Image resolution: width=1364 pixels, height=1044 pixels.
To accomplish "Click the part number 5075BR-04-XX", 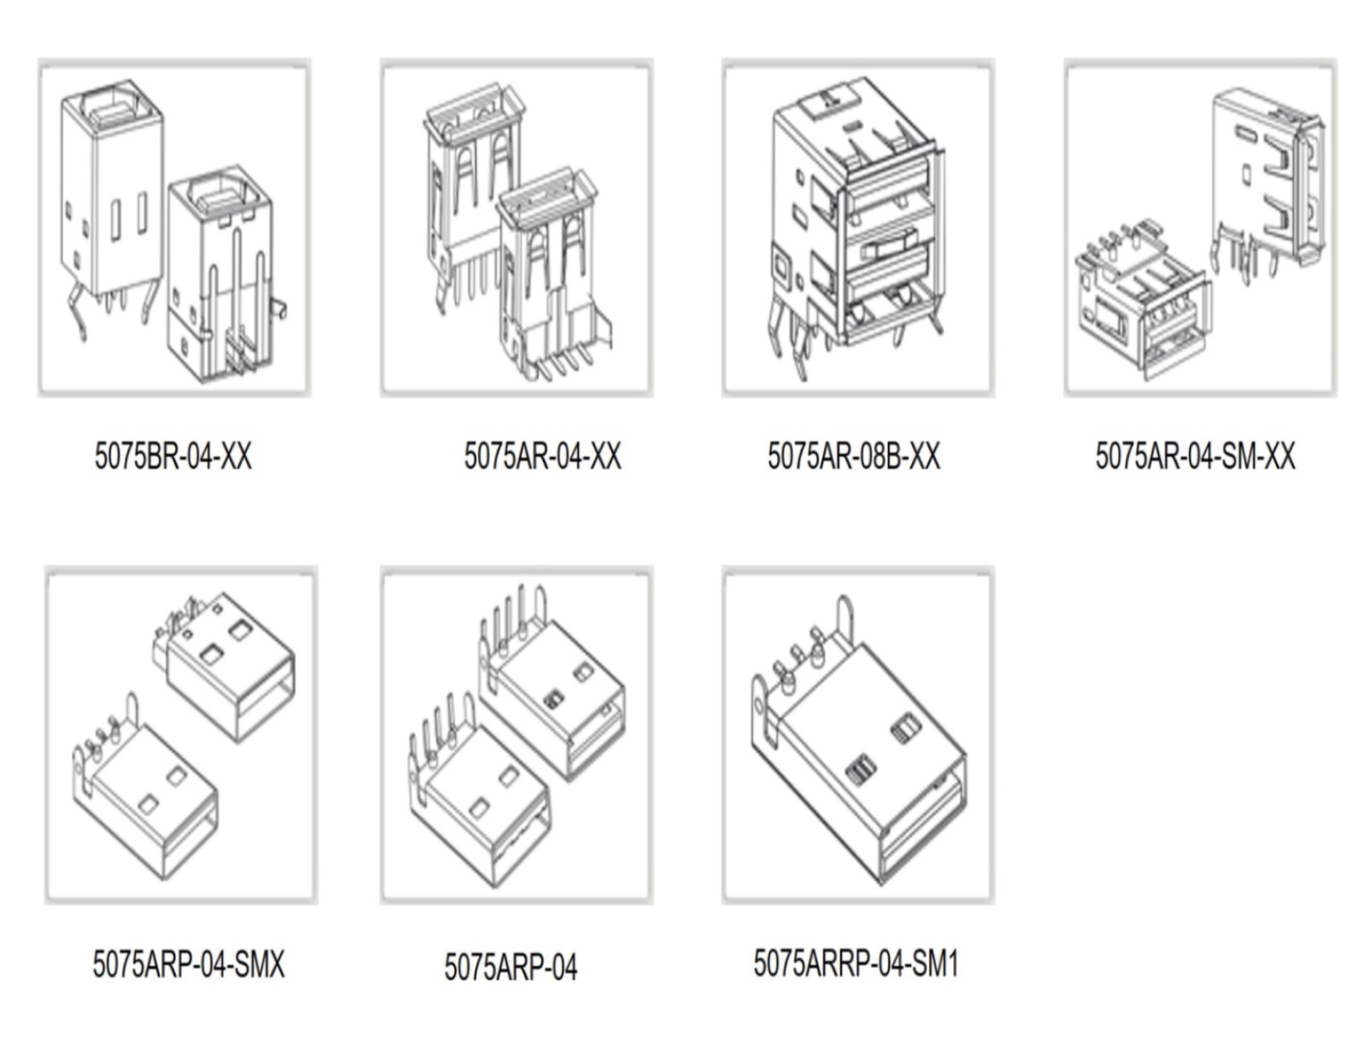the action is click(173, 456).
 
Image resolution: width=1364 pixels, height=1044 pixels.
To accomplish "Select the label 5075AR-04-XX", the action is click(543, 456).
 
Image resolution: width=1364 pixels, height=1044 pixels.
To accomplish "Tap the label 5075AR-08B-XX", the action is click(854, 456).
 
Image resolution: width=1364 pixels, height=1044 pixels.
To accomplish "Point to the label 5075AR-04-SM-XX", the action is click(1196, 456).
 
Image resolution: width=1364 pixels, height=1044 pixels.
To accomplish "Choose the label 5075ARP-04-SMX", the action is click(189, 964).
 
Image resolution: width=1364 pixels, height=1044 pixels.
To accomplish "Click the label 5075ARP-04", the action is click(511, 967).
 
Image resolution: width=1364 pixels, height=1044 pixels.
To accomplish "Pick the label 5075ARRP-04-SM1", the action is click(856, 963).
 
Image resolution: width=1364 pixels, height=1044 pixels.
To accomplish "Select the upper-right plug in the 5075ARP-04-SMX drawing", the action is click(224, 667).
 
